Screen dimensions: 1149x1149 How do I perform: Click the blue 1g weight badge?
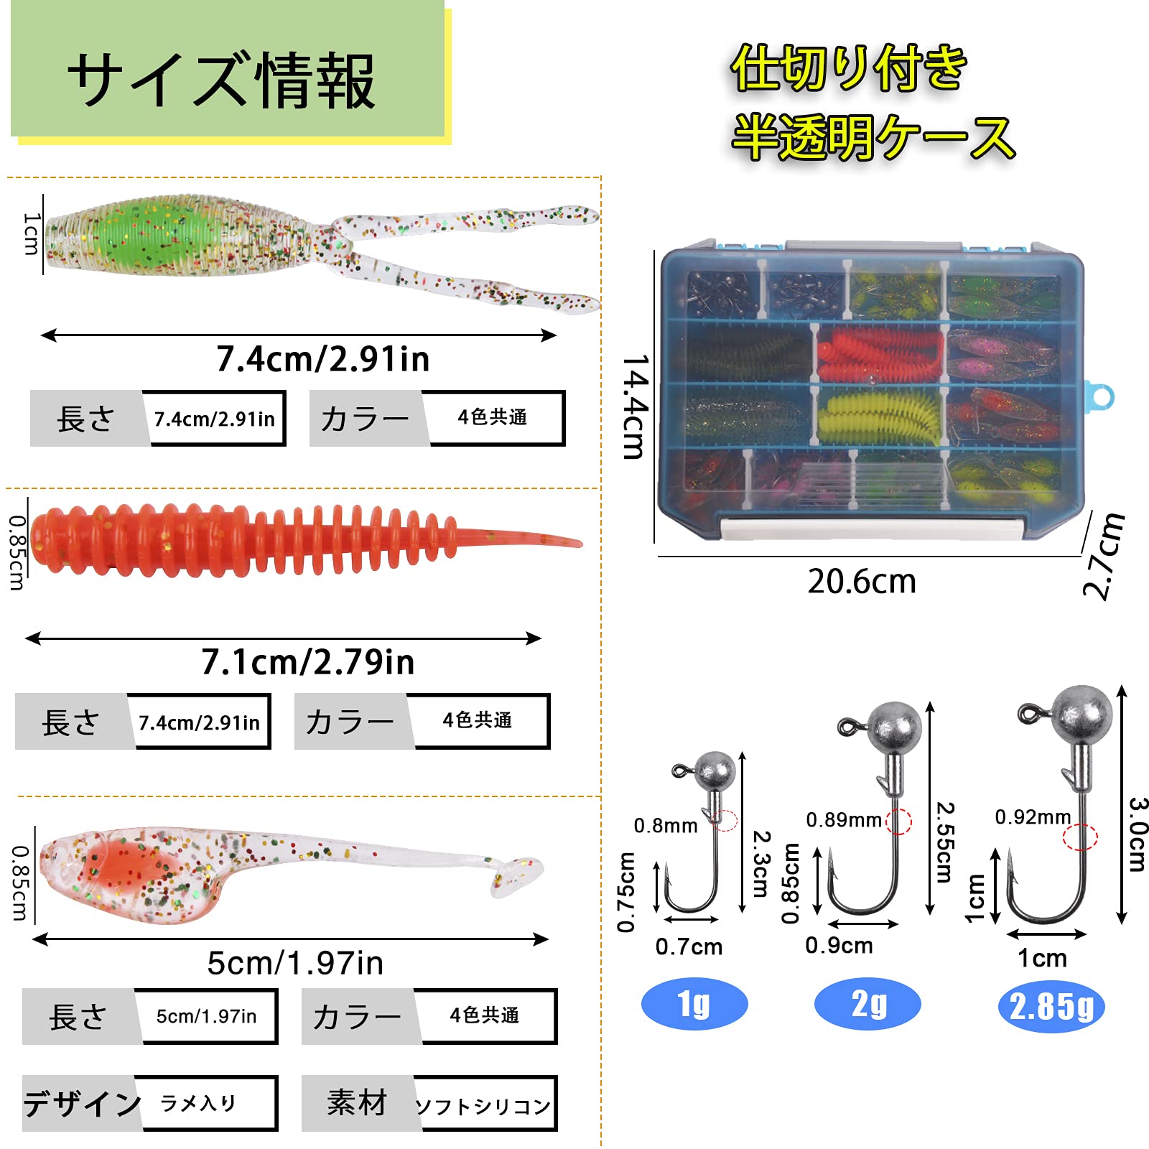(x=694, y=1003)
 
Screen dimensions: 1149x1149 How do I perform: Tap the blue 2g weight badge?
(x=867, y=1003)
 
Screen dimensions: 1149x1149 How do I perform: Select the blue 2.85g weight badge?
(x=1051, y=1006)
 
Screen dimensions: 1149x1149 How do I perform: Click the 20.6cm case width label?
(x=862, y=582)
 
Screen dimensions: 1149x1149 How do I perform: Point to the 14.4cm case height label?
(x=635, y=406)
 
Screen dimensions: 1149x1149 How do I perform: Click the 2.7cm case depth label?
(x=1104, y=556)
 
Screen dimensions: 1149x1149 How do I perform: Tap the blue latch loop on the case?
(x=1100, y=396)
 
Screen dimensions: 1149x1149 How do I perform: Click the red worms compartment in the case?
(x=880, y=354)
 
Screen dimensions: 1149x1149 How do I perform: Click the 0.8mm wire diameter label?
(x=665, y=826)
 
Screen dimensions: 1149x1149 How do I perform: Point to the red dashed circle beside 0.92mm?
(x=1080, y=837)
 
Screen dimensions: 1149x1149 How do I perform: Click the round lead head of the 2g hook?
(x=894, y=727)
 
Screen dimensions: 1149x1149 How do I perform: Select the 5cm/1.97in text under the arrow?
(x=295, y=963)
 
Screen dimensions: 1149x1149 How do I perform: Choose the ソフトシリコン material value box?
(x=484, y=1104)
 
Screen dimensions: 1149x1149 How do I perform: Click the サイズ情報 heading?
(x=221, y=80)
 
